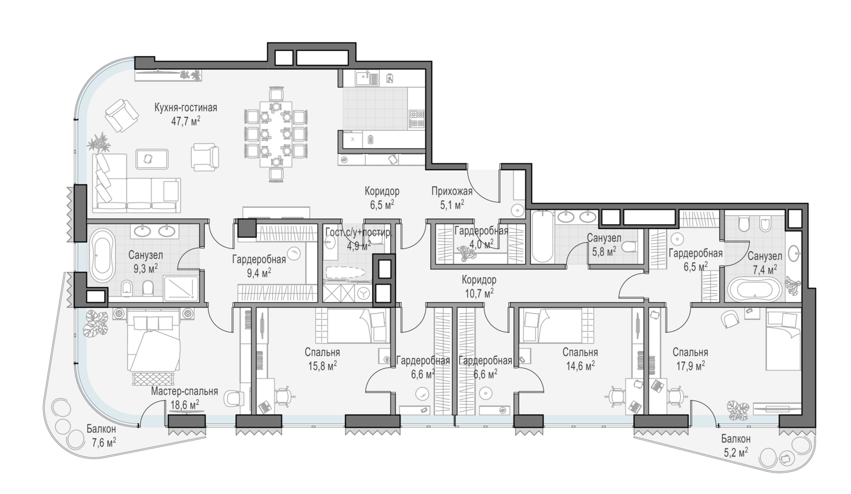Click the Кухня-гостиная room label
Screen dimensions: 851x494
click(186, 108)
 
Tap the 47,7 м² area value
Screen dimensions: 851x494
click(186, 121)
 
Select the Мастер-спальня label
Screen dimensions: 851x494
click(184, 391)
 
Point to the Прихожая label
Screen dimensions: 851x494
click(452, 191)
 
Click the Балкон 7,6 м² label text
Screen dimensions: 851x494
click(101, 436)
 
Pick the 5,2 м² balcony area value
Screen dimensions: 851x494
click(735, 452)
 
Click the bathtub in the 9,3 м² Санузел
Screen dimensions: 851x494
click(102, 255)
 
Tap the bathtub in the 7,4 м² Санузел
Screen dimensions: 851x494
click(755, 290)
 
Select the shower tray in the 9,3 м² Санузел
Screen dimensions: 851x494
click(181, 289)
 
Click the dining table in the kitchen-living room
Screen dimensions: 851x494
click(276, 134)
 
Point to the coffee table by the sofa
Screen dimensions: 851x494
click(152, 159)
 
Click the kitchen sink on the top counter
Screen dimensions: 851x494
click(367, 79)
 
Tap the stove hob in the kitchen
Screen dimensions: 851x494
click(417, 119)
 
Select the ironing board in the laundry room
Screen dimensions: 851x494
click(346, 273)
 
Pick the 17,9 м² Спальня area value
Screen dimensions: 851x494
click(690, 366)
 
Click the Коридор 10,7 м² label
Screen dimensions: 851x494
click(479, 286)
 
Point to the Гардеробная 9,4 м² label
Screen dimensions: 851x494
click(259, 266)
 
